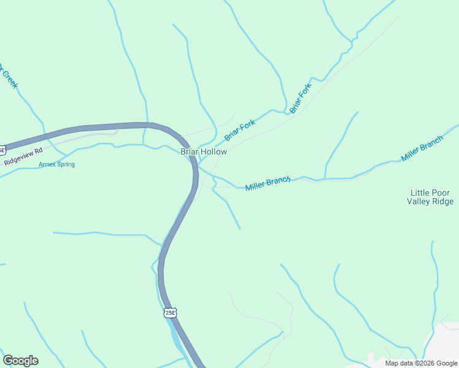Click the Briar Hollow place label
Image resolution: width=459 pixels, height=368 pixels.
click(204, 151)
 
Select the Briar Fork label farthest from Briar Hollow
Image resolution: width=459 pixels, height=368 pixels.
click(301, 98)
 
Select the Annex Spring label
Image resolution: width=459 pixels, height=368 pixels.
click(56, 164)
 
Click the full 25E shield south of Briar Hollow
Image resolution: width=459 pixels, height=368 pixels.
click(171, 313)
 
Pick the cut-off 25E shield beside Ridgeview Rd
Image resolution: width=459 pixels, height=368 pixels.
click(2, 149)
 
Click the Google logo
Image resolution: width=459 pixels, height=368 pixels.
click(20, 361)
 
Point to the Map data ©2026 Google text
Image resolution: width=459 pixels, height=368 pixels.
click(421, 363)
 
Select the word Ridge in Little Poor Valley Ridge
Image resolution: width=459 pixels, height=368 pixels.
click(443, 201)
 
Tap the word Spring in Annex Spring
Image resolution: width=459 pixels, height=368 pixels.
click(65, 164)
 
